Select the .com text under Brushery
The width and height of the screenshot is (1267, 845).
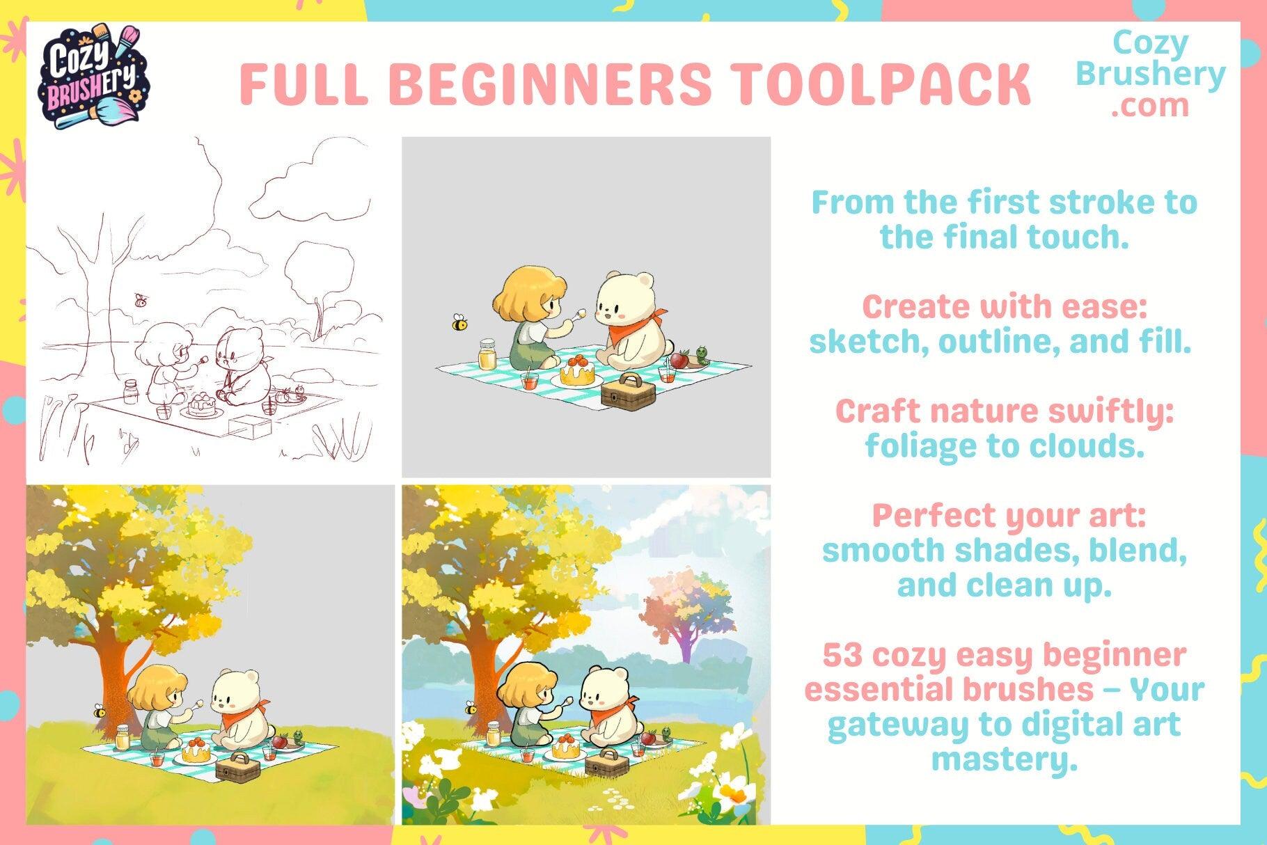1149,105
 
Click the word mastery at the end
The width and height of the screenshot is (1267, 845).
1003,759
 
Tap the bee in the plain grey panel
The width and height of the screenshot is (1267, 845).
459,322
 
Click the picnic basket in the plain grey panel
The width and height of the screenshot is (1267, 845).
629,392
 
